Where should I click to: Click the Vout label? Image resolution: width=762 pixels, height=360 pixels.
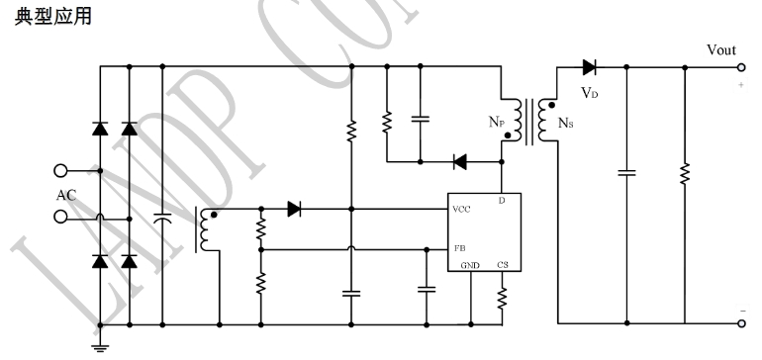(721, 50)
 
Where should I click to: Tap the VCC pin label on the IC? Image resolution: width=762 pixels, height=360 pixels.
(461, 210)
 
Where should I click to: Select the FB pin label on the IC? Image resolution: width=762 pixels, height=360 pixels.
(460, 248)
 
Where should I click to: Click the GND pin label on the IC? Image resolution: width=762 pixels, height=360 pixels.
(470, 265)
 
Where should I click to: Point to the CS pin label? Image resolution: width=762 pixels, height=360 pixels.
(503, 265)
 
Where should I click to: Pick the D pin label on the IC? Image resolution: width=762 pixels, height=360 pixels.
(502, 201)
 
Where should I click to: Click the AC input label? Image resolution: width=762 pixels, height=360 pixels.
(66, 195)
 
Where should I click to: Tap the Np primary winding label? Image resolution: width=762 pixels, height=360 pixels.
(496, 122)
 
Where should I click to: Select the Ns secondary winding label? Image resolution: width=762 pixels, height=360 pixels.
(566, 123)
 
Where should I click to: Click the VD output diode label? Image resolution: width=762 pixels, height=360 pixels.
(590, 93)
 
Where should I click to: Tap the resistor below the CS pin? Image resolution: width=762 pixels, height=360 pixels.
(502, 299)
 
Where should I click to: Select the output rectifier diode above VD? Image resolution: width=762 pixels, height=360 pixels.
(590, 67)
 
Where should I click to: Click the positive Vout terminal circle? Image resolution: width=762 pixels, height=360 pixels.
(741, 67)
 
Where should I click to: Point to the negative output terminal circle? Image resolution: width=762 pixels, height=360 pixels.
(741, 323)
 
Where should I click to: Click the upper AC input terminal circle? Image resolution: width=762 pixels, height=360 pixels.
(60, 171)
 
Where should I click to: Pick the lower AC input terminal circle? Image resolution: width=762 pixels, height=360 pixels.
(60, 217)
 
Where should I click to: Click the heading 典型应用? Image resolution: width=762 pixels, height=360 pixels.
(53, 16)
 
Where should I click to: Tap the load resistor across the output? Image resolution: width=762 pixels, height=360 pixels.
(685, 173)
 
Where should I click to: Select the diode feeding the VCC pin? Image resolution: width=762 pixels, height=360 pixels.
(294, 209)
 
